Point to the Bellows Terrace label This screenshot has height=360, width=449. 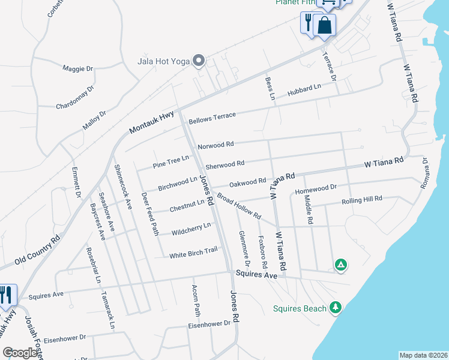click(212, 118)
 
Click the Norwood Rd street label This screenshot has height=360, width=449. click(215, 145)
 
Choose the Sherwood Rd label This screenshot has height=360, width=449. click(224, 163)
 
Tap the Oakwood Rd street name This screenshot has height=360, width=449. click(247, 181)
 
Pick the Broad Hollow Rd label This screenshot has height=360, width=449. click(239, 206)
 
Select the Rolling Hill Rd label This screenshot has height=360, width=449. click(361, 200)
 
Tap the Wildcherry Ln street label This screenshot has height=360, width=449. click(191, 229)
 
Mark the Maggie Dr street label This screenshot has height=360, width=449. click(78, 68)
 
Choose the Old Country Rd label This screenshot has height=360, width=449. click(38, 249)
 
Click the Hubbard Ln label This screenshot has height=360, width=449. click(304, 90)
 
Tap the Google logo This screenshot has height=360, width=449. click(20, 352)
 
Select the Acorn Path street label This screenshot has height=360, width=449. click(196, 301)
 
